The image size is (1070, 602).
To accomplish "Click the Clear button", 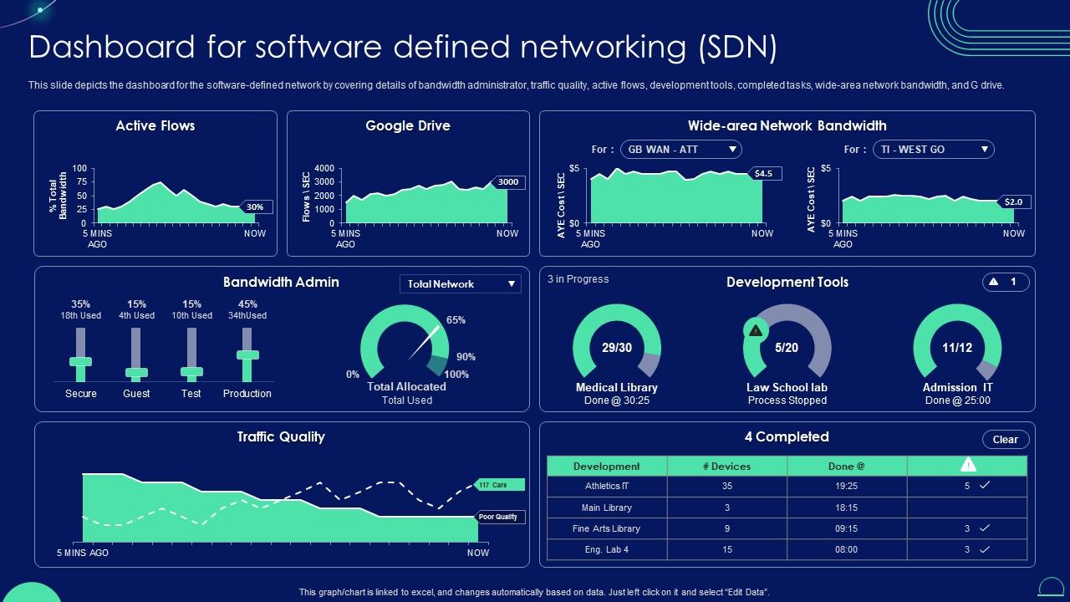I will (x=1005, y=440).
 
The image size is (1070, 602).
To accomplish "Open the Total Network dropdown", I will (x=461, y=284).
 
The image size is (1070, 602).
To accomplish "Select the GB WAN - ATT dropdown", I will (x=681, y=150).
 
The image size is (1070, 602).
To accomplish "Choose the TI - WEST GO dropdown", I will (x=934, y=150).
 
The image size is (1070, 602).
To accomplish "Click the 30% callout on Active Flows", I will (x=256, y=207).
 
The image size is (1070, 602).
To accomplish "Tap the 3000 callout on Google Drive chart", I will (x=508, y=182).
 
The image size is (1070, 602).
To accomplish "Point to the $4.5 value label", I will (x=764, y=174).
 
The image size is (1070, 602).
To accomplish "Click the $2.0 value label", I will (x=1014, y=202).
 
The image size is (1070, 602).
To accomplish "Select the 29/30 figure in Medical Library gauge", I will (x=617, y=348).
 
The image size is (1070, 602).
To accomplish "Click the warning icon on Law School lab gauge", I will (x=756, y=330).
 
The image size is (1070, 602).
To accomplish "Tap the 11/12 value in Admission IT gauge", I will (x=957, y=348).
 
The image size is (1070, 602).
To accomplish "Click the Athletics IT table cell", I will (x=607, y=486).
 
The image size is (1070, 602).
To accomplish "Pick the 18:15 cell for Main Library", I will (x=846, y=508).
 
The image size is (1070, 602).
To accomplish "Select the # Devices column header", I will (x=726, y=467).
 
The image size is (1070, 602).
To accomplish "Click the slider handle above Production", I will (x=247, y=355).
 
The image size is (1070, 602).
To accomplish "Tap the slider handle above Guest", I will (x=136, y=373).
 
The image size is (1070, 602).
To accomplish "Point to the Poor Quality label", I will (x=499, y=518).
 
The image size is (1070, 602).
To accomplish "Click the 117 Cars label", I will (x=498, y=485).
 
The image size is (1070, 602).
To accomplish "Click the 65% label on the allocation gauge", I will (x=456, y=320).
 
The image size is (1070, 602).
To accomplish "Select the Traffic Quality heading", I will (x=281, y=437).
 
